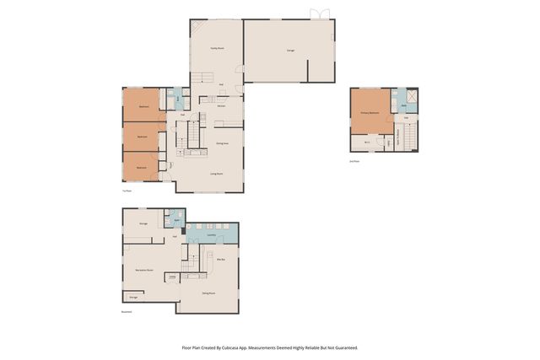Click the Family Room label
[x=216, y=48]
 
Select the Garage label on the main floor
[x=290, y=51]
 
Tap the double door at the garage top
[x=317, y=14]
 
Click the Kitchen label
[x=221, y=107]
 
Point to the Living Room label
[x=216, y=174]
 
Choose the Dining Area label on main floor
[x=222, y=144]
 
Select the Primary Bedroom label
[x=369, y=112]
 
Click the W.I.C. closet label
[x=368, y=142]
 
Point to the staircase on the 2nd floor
[x=410, y=135]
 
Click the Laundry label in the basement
[x=212, y=235]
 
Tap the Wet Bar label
[x=220, y=260]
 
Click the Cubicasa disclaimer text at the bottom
[x=270, y=347]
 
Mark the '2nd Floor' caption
[x=354, y=160]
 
